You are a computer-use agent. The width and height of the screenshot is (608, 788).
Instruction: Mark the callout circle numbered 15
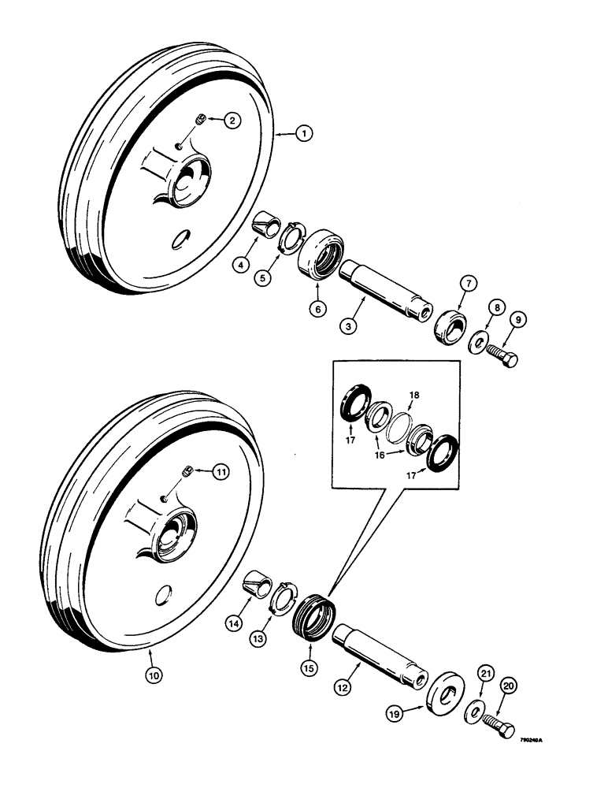[x=310, y=649]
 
